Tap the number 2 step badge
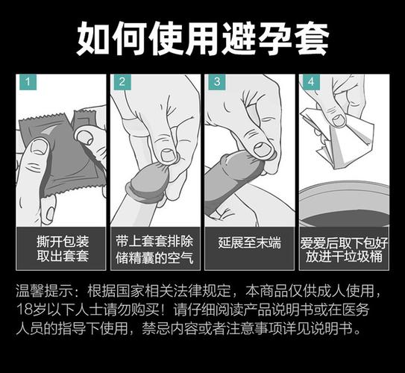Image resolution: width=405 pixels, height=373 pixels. pos(120,83)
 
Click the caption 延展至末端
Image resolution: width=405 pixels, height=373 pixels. pos(249,242)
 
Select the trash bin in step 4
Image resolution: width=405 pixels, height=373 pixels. pos(343,205)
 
